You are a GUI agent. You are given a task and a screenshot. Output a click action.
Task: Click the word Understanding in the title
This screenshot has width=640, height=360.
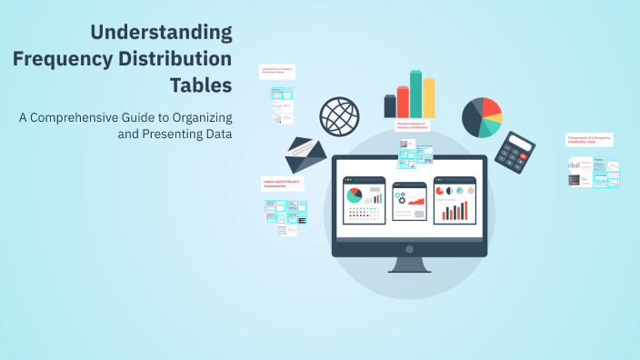161,33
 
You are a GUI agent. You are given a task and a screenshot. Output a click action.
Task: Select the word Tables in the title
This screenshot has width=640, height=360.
200,85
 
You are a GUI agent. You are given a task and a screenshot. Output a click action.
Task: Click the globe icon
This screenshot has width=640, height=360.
337,116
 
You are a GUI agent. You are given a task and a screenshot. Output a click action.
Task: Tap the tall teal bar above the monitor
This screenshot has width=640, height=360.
415,95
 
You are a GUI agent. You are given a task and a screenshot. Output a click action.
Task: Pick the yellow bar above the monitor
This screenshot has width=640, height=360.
428,99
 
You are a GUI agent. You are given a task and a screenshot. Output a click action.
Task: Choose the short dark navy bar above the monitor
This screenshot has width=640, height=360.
390,106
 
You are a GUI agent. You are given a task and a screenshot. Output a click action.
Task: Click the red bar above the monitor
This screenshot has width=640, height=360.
403,103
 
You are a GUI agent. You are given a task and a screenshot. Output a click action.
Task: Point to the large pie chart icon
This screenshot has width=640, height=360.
482,116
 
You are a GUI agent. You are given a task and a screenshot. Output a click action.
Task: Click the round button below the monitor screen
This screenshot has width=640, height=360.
409,248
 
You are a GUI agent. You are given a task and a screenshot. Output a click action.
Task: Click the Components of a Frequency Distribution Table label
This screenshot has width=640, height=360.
589,140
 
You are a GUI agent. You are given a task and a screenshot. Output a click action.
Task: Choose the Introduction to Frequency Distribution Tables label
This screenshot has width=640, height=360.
276,71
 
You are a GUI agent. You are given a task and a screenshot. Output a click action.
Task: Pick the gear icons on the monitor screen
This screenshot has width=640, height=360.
401,197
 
